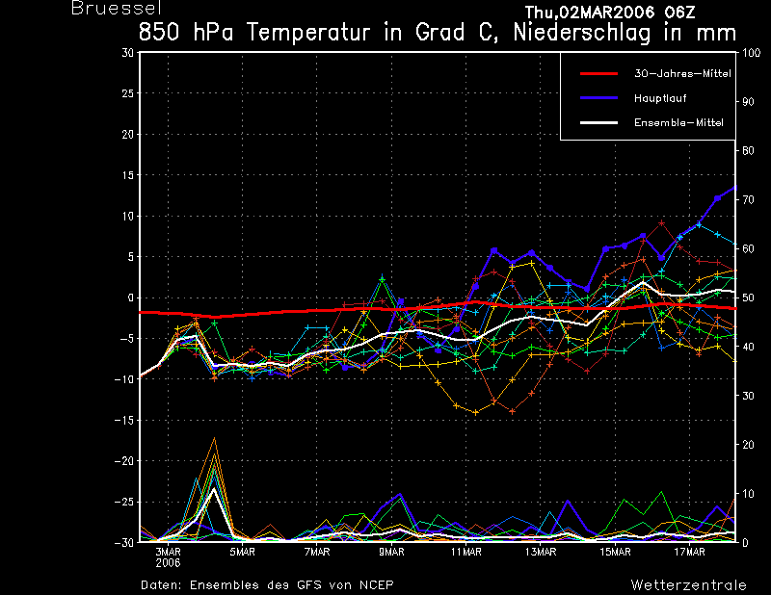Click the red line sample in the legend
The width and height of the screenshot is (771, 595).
pyautogui.click(x=598, y=73)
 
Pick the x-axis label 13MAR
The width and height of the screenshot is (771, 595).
pyautogui.click(x=541, y=552)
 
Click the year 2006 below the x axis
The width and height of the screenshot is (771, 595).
pyautogui.click(x=167, y=562)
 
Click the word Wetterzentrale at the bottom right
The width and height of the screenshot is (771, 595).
pyautogui.click(x=689, y=584)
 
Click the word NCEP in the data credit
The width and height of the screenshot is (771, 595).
pyautogui.click(x=377, y=584)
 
